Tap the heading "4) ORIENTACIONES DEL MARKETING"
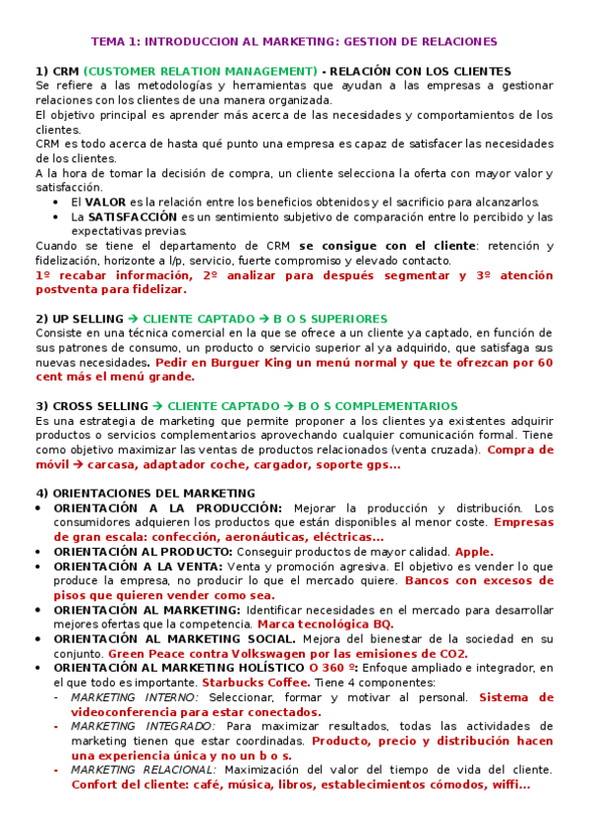pos(145,493)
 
